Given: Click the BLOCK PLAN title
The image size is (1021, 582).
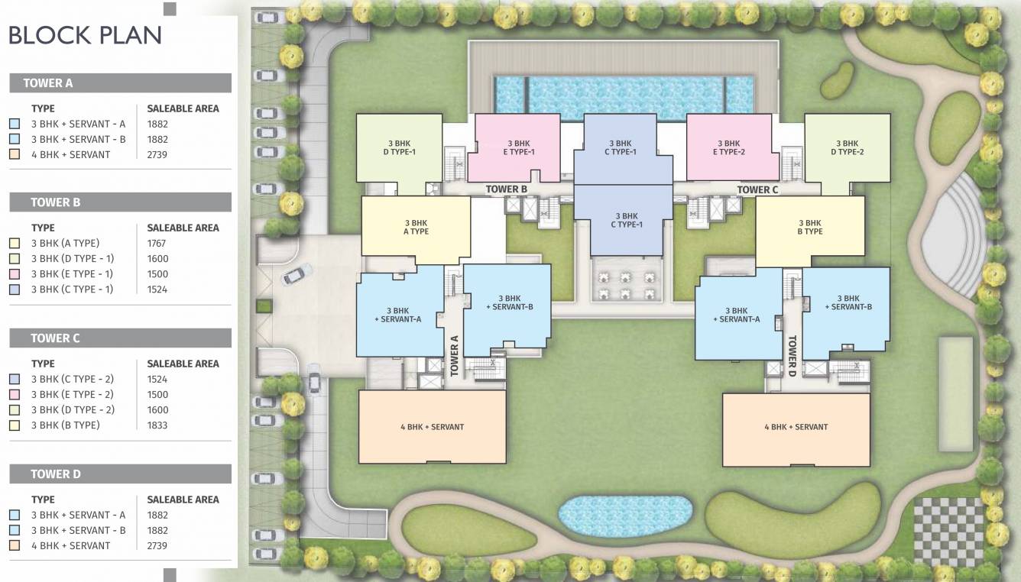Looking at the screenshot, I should pyautogui.click(x=85, y=35).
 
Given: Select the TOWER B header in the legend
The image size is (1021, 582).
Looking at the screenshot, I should pyautogui.click(x=55, y=202).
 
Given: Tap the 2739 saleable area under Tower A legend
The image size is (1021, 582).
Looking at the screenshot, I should pyautogui.click(x=157, y=154).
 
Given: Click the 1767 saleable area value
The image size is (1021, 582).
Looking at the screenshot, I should pyautogui.click(x=157, y=243).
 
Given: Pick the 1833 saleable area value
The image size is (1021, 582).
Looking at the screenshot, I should pyautogui.click(x=157, y=425).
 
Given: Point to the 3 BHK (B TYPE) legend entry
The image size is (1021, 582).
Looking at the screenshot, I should pyautogui.click(x=65, y=425).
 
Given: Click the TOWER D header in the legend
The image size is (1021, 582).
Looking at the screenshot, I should pyautogui.click(x=55, y=474).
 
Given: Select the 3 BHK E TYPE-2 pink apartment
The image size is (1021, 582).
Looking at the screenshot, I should pyautogui.click(x=728, y=147).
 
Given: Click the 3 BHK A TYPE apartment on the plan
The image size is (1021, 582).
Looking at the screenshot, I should pyautogui.click(x=416, y=227).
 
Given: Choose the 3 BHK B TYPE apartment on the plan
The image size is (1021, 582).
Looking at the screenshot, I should pyautogui.click(x=810, y=227).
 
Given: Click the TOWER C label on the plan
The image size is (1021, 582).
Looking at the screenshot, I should pyautogui.click(x=757, y=189).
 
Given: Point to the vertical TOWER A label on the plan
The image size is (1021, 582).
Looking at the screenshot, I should pyautogui.click(x=454, y=356).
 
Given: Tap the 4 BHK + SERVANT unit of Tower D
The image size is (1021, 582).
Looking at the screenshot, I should pyautogui.click(x=796, y=428).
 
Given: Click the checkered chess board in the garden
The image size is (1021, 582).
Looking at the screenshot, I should pyautogui.click(x=949, y=532).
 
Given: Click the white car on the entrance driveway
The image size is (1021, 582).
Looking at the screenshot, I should pyautogui.click(x=297, y=274).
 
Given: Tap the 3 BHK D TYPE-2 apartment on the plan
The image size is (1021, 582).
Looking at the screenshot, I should pyautogui.click(x=847, y=147).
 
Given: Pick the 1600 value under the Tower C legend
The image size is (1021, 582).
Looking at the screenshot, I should pyautogui.click(x=157, y=409).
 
